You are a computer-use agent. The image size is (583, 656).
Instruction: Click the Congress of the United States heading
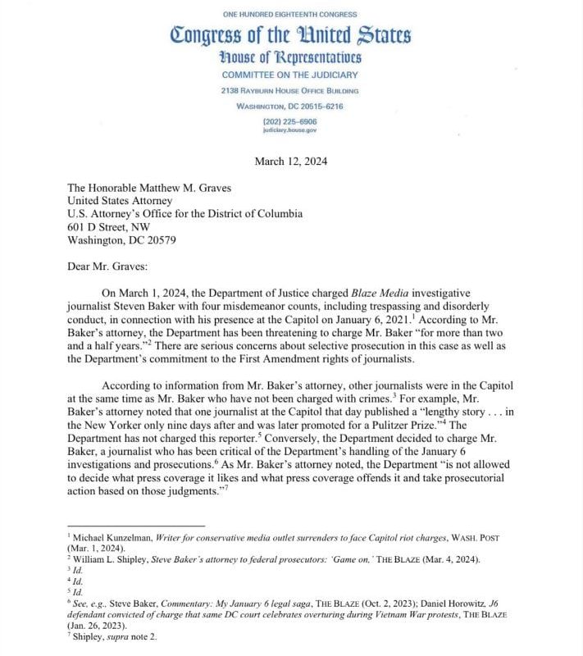[290, 35]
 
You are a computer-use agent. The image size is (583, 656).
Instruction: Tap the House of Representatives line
[290, 57]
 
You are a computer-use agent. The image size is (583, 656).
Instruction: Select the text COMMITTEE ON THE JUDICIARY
[290, 75]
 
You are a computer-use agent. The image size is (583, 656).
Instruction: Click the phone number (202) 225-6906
[290, 121]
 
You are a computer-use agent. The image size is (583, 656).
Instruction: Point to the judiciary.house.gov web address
[290, 130]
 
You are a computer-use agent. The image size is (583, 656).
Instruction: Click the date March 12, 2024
[291, 161]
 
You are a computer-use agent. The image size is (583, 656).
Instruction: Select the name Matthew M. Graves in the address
[180, 187]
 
